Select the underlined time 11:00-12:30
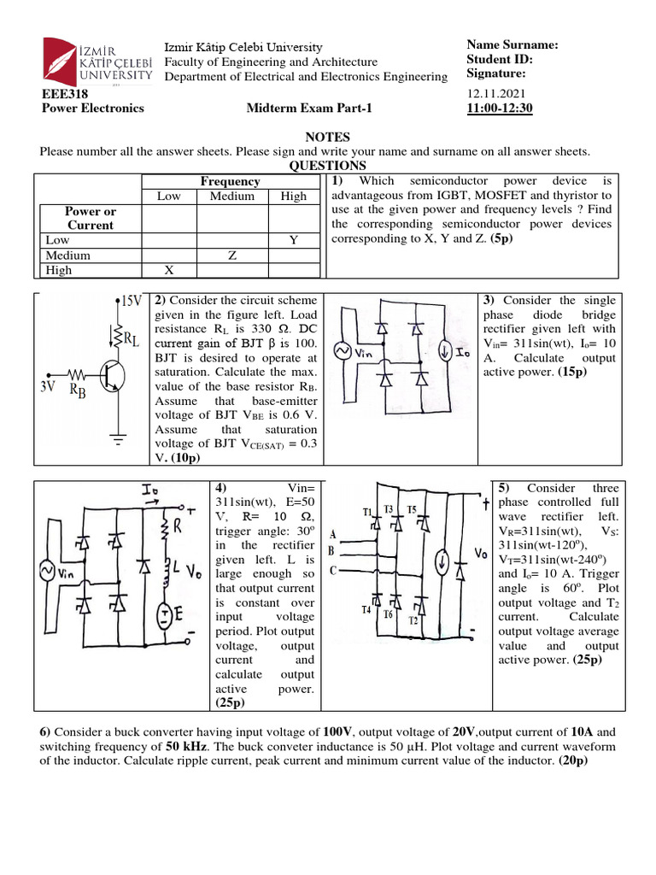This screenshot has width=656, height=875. click(x=500, y=108)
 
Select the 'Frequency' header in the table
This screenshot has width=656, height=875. click(x=230, y=181)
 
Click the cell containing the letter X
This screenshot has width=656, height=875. click(x=169, y=270)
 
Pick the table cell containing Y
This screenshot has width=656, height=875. click(x=293, y=241)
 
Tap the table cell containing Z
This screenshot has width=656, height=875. click(x=231, y=255)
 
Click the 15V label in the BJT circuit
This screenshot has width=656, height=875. click(x=129, y=302)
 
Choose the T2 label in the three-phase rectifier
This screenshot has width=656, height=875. click(x=413, y=620)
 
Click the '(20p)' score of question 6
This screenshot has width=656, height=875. click(x=571, y=760)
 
